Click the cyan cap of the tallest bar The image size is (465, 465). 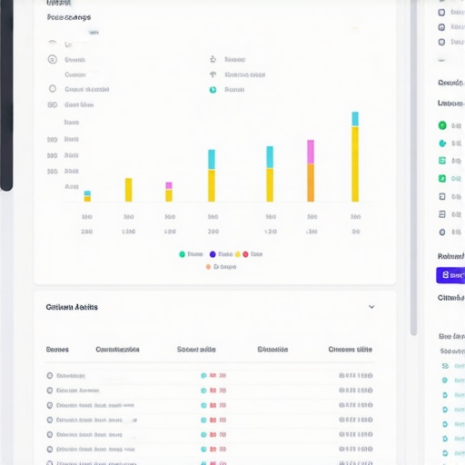point(355,119)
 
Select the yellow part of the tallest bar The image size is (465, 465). point(355,163)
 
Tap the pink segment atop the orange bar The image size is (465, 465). point(311,152)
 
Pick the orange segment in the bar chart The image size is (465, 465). point(311,183)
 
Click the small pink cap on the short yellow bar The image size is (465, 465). point(169,185)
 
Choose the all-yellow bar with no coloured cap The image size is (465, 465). point(129,190)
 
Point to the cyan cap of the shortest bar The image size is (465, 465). point(87,193)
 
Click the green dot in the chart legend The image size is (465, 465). point(182,254)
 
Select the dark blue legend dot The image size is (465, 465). point(213,254)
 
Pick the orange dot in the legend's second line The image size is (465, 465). point(208,267)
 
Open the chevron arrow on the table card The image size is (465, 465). point(371,307)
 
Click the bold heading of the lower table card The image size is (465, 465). point(72,307)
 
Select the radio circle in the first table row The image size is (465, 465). point(49,375)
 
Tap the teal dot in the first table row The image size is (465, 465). point(203,375)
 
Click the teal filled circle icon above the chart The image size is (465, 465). point(213,89)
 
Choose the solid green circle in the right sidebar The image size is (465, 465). point(442,125)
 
